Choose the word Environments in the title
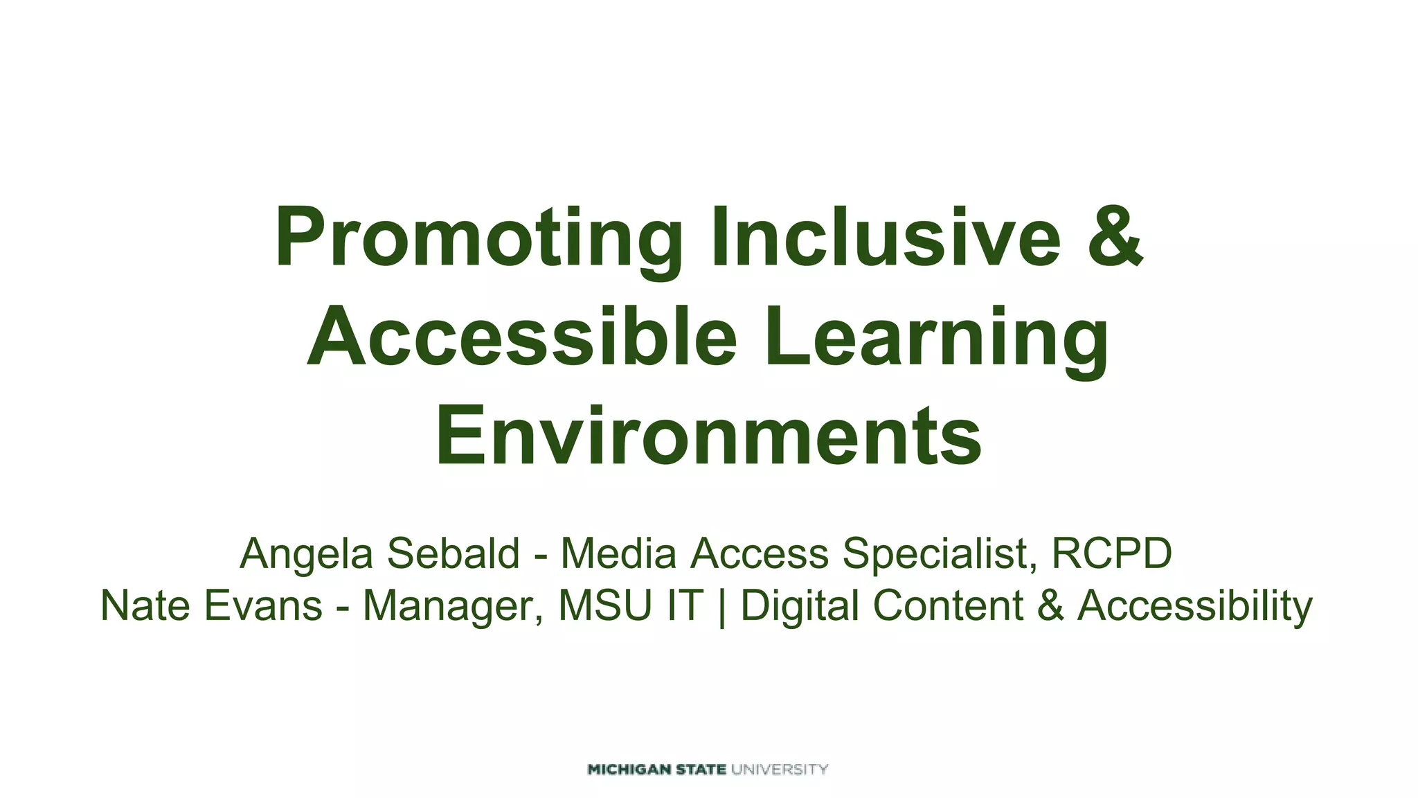click(x=708, y=436)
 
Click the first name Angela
click(x=305, y=554)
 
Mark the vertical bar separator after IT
click(x=722, y=606)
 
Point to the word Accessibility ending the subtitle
click(x=1194, y=606)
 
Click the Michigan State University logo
click(x=708, y=769)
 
